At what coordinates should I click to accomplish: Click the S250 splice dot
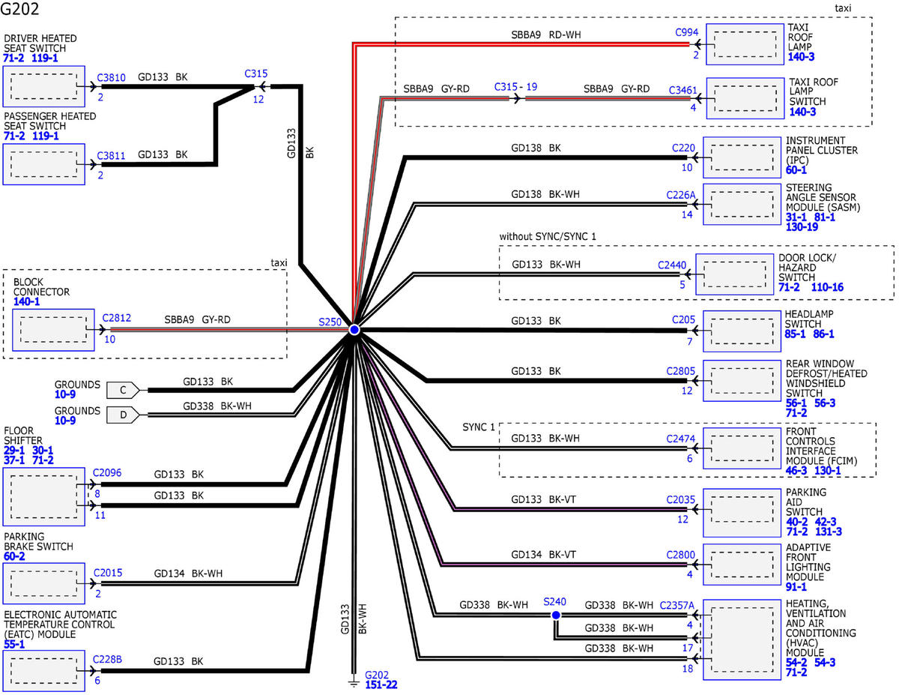[x=354, y=330]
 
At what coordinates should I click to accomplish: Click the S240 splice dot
[x=555, y=616]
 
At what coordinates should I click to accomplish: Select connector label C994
[x=686, y=32]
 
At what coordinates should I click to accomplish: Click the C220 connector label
[x=685, y=148]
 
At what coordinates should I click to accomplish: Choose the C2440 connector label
[x=672, y=265]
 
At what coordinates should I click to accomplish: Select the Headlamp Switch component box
[x=742, y=329]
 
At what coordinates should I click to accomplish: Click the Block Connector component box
[x=53, y=329]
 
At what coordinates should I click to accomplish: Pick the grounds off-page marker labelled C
[x=123, y=390]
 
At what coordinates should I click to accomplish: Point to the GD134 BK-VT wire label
[x=543, y=555]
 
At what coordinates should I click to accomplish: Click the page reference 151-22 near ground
[x=382, y=685]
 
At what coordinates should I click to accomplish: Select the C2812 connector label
[x=117, y=318]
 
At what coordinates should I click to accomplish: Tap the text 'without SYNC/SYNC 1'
[x=552, y=236]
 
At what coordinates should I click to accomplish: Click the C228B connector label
[x=107, y=660]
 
